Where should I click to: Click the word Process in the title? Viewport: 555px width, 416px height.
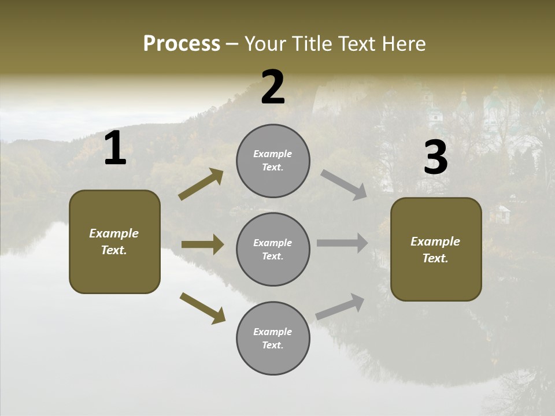(182, 44)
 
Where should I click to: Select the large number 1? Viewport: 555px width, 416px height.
(115, 148)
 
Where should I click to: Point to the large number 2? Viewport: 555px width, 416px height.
(273, 88)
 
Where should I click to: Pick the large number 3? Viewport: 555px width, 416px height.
(435, 158)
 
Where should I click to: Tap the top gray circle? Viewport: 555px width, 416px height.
(273, 161)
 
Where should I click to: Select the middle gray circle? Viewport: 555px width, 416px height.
(273, 249)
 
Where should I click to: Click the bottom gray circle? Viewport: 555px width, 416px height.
(273, 338)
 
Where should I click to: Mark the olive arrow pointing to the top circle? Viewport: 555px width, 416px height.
(201, 184)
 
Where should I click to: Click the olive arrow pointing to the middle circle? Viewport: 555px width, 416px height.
(202, 244)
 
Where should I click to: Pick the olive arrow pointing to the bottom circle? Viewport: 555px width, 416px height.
(202, 308)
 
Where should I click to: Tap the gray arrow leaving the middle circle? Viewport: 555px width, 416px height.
(342, 243)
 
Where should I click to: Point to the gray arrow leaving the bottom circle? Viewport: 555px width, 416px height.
(341, 306)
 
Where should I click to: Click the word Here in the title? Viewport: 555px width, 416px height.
(405, 44)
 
